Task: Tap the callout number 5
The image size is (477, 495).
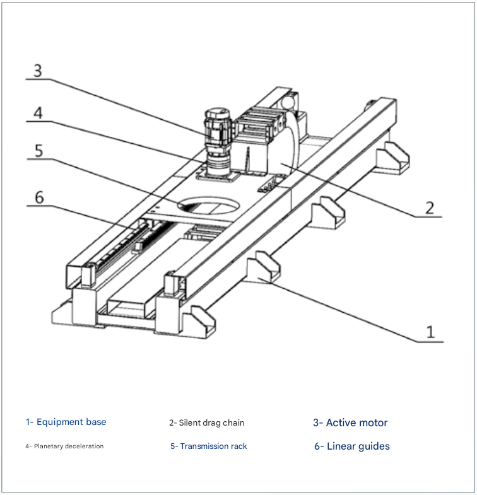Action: click(x=38, y=151)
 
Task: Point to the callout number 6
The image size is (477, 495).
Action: click(x=38, y=197)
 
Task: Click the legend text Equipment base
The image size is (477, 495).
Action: click(x=71, y=422)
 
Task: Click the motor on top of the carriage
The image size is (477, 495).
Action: click(x=216, y=129)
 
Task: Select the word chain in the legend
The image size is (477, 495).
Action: click(x=233, y=422)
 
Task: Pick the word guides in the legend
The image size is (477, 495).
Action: click(x=374, y=446)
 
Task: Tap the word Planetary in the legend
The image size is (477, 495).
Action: click(x=49, y=446)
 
